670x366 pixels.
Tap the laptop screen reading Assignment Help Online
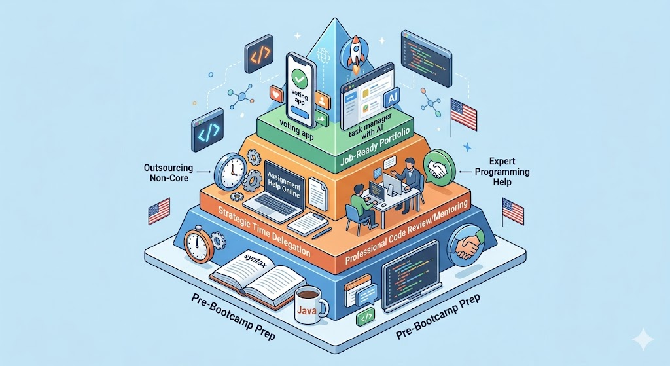coord(282,179)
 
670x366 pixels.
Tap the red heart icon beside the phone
coord(275,95)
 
